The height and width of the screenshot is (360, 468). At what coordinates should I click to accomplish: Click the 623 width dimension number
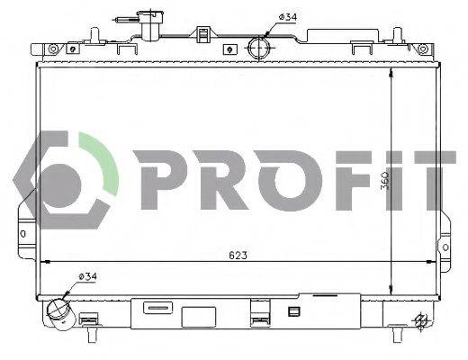(237, 256)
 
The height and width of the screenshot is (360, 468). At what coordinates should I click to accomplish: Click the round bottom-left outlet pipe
(60, 310)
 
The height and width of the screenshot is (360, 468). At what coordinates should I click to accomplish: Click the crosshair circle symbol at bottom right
(420, 319)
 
